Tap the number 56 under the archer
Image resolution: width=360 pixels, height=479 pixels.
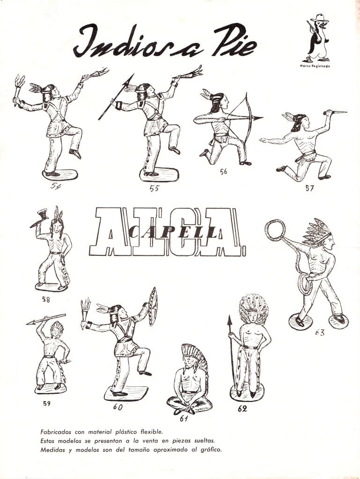click(x=223, y=171)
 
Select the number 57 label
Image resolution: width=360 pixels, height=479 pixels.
click(x=309, y=188)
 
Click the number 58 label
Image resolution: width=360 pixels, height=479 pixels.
click(x=46, y=299)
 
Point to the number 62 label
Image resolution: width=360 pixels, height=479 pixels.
click(x=242, y=408)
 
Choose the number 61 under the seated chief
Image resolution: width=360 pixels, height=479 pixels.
click(x=184, y=419)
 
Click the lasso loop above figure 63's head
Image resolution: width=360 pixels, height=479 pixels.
click(x=275, y=230)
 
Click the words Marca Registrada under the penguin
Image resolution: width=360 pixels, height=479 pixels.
click(x=315, y=66)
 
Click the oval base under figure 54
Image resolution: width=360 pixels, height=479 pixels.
click(x=60, y=175)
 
